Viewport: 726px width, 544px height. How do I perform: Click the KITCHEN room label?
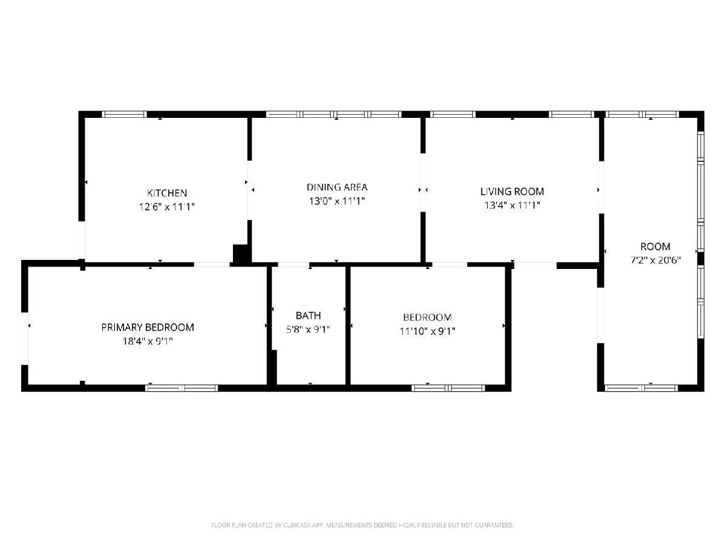[167, 193]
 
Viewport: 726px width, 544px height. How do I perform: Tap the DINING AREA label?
[337, 187]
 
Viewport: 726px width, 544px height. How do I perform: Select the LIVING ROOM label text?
[512, 192]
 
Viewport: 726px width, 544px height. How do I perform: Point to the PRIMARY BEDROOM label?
[148, 328]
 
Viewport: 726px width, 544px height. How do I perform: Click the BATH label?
[309, 316]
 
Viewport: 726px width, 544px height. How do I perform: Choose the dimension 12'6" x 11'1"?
[167, 207]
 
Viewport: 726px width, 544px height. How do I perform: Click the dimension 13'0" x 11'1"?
[337, 201]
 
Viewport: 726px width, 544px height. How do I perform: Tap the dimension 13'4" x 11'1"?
[512, 205]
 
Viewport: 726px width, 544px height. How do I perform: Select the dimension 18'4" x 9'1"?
[148, 341]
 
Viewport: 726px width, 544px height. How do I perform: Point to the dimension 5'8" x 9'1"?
[309, 329]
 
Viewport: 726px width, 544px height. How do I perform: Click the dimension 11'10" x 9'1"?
[427, 331]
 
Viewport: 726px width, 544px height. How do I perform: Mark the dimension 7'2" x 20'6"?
[655, 261]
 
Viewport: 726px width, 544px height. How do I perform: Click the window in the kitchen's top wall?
[124, 114]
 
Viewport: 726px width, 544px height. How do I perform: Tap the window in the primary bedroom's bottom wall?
[181, 388]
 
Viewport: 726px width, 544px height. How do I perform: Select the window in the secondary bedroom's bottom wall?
[448, 388]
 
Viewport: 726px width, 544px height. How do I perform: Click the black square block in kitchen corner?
[240, 254]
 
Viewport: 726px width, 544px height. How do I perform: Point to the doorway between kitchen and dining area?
[250, 190]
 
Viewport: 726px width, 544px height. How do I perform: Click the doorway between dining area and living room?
[423, 183]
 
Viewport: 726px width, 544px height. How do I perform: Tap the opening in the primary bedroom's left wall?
[25, 338]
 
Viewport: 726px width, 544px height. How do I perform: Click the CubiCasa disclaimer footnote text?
[362, 525]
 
